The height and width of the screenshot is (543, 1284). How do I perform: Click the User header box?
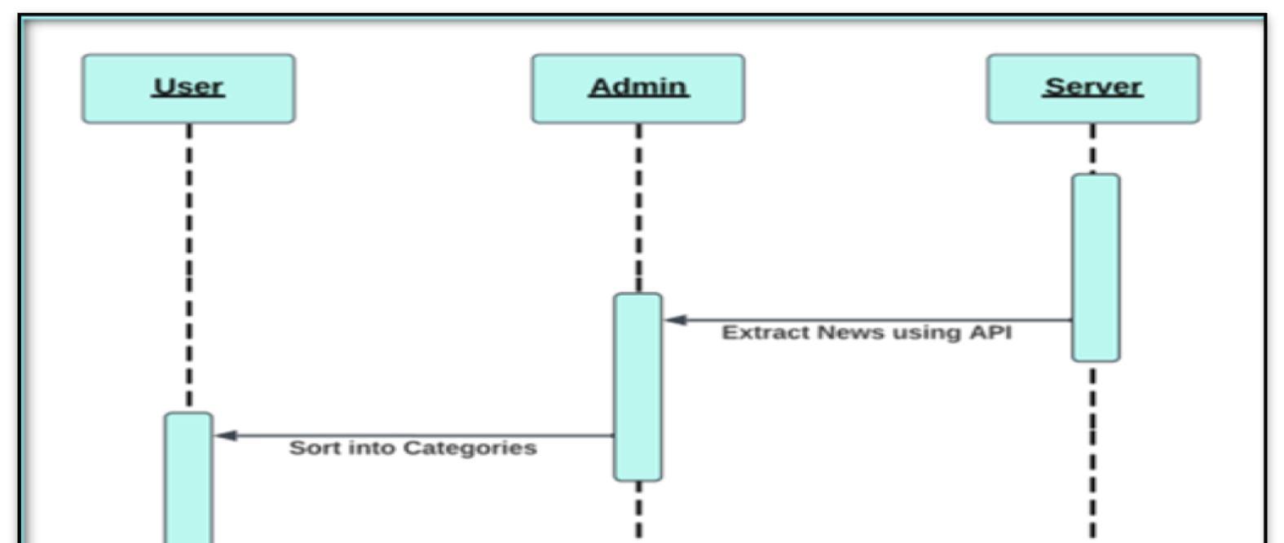click(188, 88)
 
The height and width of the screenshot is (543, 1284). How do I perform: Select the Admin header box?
click(638, 88)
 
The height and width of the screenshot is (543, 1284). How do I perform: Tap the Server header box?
click(1092, 88)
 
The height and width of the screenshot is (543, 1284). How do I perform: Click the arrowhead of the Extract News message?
click(676, 320)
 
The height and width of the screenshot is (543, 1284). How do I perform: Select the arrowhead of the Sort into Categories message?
click(226, 436)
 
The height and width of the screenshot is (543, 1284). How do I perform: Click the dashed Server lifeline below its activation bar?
click(1092, 448)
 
